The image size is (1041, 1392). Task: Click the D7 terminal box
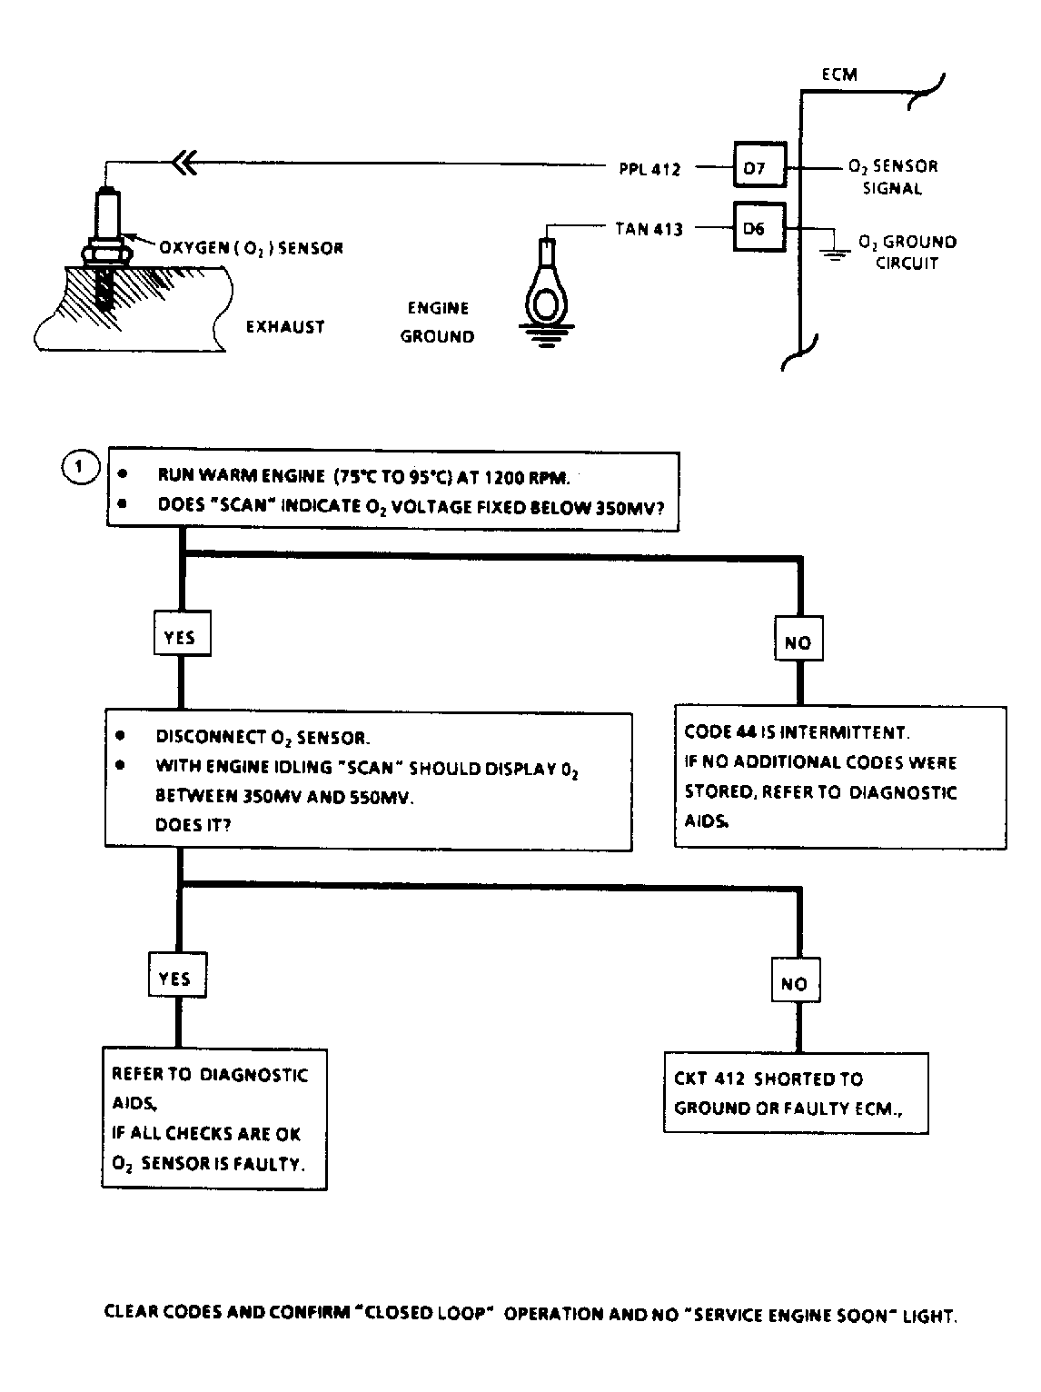(x=759, y=164)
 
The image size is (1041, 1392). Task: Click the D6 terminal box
(x=758, y=227)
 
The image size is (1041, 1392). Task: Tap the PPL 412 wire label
(x=649, y=169)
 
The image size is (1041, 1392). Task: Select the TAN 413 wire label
(x=649, y=229)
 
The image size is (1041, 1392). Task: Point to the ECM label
(x=839, y=75)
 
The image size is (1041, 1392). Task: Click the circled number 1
(x=80, y=467)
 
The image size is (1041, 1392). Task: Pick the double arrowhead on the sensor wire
(x=184, y=163)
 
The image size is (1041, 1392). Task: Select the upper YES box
(x=182, y=633)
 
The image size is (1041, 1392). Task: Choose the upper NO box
(x=798, y=639)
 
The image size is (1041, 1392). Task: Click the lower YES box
(x=177, y=975)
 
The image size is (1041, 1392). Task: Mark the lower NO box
(x=796, y=980)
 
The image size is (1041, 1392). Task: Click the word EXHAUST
(x=285, y=326)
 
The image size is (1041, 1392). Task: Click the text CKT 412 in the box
(x=709, y=1079)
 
